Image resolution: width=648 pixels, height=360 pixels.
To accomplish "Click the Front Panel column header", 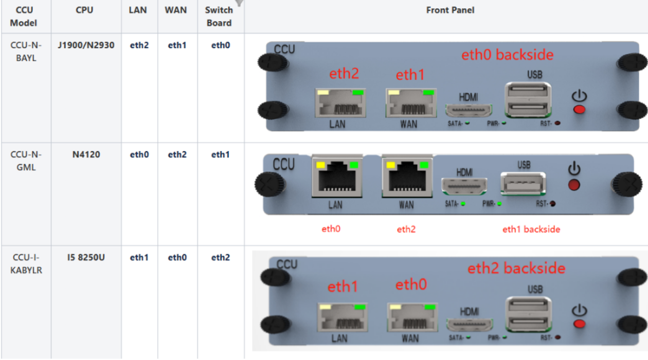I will (450, 10).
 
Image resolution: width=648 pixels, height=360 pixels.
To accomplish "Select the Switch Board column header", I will (219, 16).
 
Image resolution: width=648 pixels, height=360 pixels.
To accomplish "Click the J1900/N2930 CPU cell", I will (86, 45).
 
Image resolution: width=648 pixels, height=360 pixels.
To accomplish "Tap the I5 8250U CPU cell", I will (86, 258).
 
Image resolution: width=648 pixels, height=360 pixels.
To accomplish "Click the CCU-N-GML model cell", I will (26, 161).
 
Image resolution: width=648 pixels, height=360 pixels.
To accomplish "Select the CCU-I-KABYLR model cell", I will (26, 264).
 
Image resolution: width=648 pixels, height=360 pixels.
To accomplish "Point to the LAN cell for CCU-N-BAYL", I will (139, 45).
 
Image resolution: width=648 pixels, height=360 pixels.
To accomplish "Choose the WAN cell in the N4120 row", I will (177, 155).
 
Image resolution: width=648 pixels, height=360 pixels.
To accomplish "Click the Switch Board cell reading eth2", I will (220, 258).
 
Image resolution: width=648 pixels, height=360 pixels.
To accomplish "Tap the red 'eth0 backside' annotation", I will (507, 55).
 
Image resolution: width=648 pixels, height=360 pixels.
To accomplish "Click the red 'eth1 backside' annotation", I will (531, 229).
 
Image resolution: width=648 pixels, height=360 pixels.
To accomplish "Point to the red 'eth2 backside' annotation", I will (516, 268).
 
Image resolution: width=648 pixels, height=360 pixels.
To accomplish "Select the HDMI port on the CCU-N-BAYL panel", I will (468, 111).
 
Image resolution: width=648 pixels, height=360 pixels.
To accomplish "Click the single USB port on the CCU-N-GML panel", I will (524, 183).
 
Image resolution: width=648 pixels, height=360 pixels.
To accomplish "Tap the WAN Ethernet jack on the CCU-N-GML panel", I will (406, 178).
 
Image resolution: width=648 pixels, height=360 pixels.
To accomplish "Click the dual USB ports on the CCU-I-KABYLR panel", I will (529, 314).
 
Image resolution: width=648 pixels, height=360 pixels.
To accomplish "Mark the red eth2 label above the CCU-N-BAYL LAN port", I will (344, 74).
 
